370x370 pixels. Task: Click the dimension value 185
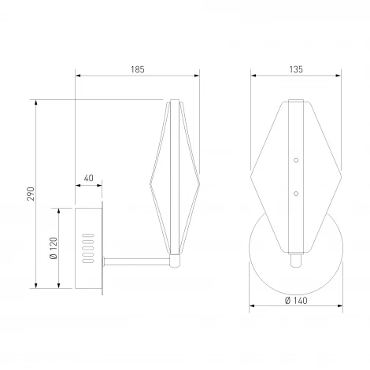[x=137, y=70]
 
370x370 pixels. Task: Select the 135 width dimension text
[x=296, y=70]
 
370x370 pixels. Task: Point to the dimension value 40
[x=88, y=179]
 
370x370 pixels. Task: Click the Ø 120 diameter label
[x=52, y=248]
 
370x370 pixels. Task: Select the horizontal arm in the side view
[x=135, y=259]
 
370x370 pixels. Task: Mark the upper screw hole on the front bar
[x=296, y=161]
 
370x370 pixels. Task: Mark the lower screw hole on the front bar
[x=296, y=190]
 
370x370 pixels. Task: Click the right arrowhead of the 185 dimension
[x=197, y=76]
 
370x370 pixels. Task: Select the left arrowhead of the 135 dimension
[x=253, y=76]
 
